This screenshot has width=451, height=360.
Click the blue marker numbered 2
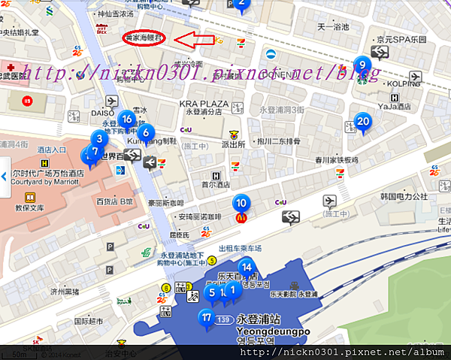click(241, 5)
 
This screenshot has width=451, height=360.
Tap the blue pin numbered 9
click(362, 65)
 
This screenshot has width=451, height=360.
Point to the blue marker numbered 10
click(241, 202)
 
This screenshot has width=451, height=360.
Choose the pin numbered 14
click(246, 267)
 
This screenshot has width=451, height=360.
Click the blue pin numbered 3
click(98, 139)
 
